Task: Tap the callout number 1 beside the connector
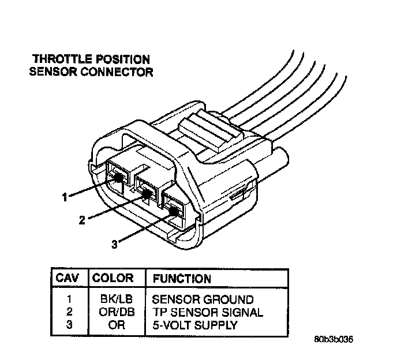pyautogui.click(x=65, y=197)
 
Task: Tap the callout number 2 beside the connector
pyautogui.click(x=82, y=220)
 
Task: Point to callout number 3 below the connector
pyautogui.click(x=114, y=243)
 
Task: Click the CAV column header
pyautogui.click(x=68, y=278)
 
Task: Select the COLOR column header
pyautogui.click(x=113, y=278)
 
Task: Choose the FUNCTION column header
pyautogui.click(x=182, y=279)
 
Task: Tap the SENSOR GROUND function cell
pyautogui.click(x=203, y=300)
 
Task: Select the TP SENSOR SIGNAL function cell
pyautogui.click(x=208, y=313)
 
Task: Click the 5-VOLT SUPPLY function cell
pyautogui.click(x=196, y=325)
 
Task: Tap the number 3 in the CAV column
pyautogui.click(x=68, y=325)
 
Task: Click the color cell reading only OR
pyautogui.click(x=113, y=325)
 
